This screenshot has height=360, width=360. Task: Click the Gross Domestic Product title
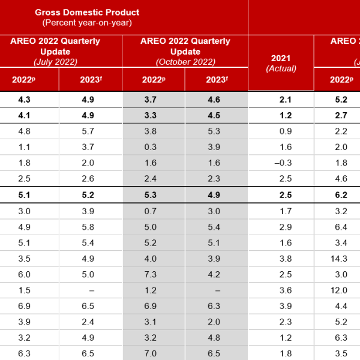(87, 12)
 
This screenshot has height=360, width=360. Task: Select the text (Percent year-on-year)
(87, 23)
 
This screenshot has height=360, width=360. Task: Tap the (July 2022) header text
(55, 61)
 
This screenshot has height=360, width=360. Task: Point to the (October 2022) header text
(185, 61)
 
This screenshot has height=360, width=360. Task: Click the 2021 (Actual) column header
(281, 63)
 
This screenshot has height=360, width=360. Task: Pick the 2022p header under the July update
(29, 80)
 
